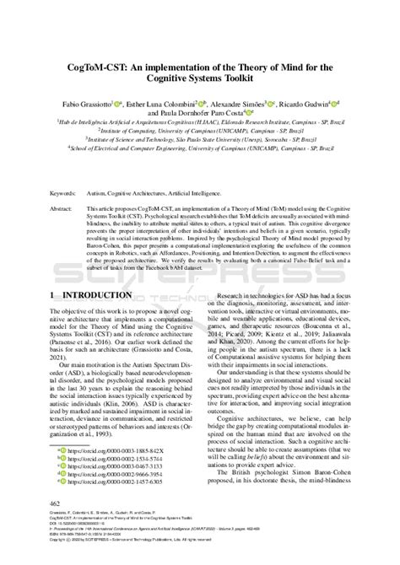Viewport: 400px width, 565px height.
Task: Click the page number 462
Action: (x=58, y=502)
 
